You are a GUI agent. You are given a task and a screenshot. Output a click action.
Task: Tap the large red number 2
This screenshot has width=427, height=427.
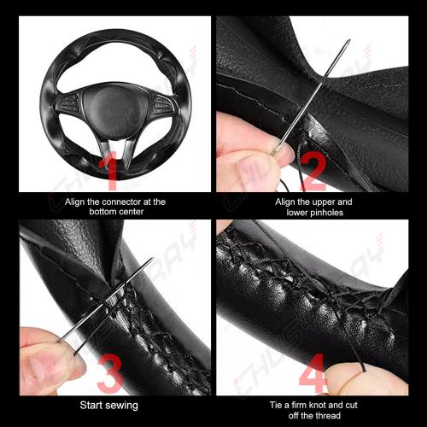[x=313, y=171]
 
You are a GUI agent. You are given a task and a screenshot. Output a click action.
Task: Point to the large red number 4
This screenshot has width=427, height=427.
[x=314, y=376]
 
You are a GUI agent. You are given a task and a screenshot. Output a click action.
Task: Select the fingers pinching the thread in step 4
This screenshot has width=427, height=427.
[x=367, y=376]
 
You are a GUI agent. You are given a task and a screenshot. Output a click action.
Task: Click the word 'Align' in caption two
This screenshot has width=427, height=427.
[x=286, y=202]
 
